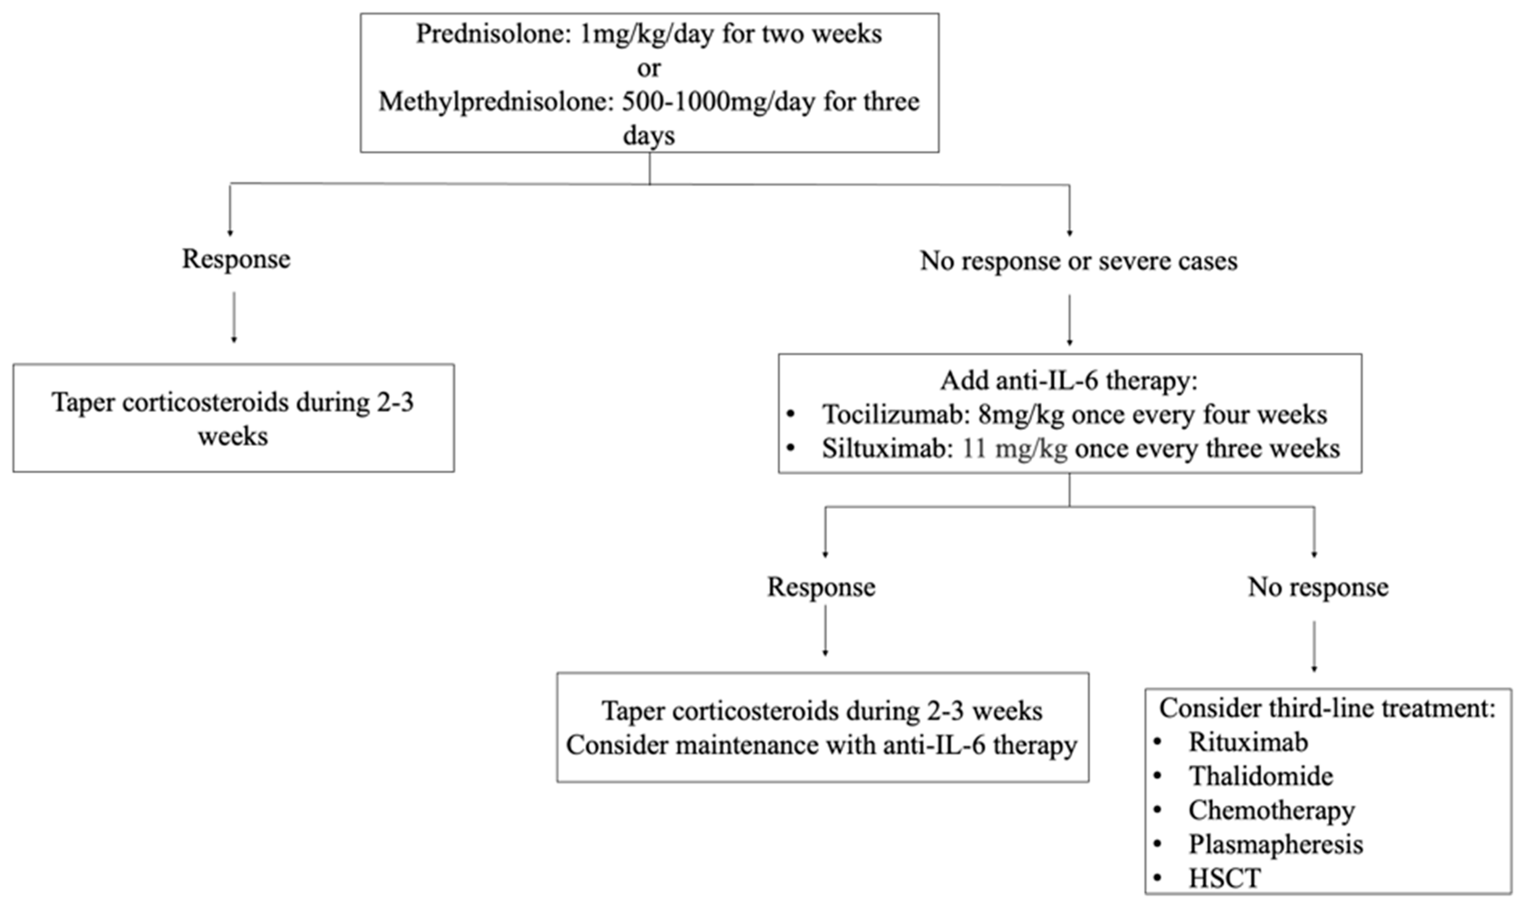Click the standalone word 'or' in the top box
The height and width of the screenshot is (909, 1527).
pos(649,68)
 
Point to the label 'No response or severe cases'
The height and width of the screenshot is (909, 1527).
pos(1078,261)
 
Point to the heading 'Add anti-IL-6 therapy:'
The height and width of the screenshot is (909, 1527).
pos(1068,380)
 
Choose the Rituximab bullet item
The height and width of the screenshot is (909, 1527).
pos(1248,742)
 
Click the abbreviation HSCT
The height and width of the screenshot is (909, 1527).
pos(1224,878)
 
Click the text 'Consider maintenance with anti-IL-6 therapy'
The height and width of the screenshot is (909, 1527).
pos(821,746)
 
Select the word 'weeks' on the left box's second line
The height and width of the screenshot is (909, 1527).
pos(233,437)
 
